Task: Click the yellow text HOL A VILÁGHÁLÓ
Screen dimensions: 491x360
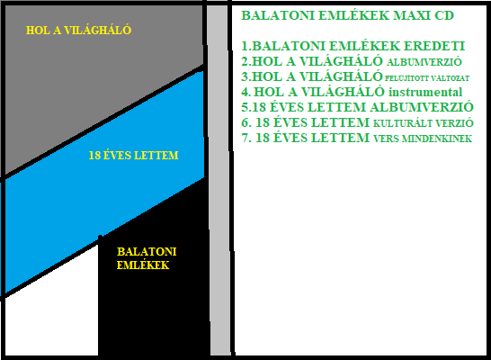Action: click(78, 30)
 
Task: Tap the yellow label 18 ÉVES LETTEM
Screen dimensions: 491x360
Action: click(133, 156)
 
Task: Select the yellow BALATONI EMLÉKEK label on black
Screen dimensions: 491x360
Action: click(147, 258)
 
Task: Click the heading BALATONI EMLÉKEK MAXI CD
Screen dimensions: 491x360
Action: click(348, 15)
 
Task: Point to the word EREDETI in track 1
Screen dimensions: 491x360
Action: click(434, 46)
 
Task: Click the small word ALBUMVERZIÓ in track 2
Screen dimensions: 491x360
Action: click(424, 62)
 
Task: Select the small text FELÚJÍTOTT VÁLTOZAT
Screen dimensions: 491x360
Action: click(427, 77)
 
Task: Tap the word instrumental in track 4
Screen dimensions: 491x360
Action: click(425, 92)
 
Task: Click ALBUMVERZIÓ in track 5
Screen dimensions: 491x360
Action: click(422, 107)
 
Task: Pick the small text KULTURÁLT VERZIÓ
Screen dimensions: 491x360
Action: click(423, 123)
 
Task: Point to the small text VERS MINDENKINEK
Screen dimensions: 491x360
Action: click(423, 139)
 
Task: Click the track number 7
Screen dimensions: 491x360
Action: click(245, 138)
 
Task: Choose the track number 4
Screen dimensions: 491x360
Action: click(245, 92)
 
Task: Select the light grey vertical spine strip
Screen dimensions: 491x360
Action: click(219, 180)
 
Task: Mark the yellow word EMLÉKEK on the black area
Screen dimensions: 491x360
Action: click(143, 265)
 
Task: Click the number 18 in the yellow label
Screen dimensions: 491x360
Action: click(94, 156)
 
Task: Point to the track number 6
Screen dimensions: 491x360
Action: click(245, 122)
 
